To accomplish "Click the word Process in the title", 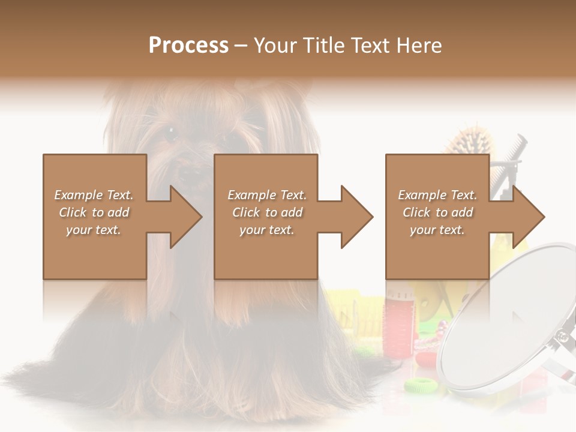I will coord(188,46).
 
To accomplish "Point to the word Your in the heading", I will coord(276,46).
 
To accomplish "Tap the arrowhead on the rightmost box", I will coord(527,217).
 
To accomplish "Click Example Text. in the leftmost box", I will coord(94,195).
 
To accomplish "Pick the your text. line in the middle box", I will coord(266,230).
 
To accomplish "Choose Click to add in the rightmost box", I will coord(437,212).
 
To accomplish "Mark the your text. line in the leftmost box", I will coord(94,230).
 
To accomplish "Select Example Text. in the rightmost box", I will coord(437,195).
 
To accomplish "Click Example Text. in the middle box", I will coord(266,195).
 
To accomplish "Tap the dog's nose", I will coord(191,175).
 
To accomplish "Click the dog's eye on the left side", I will coord(170,133).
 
